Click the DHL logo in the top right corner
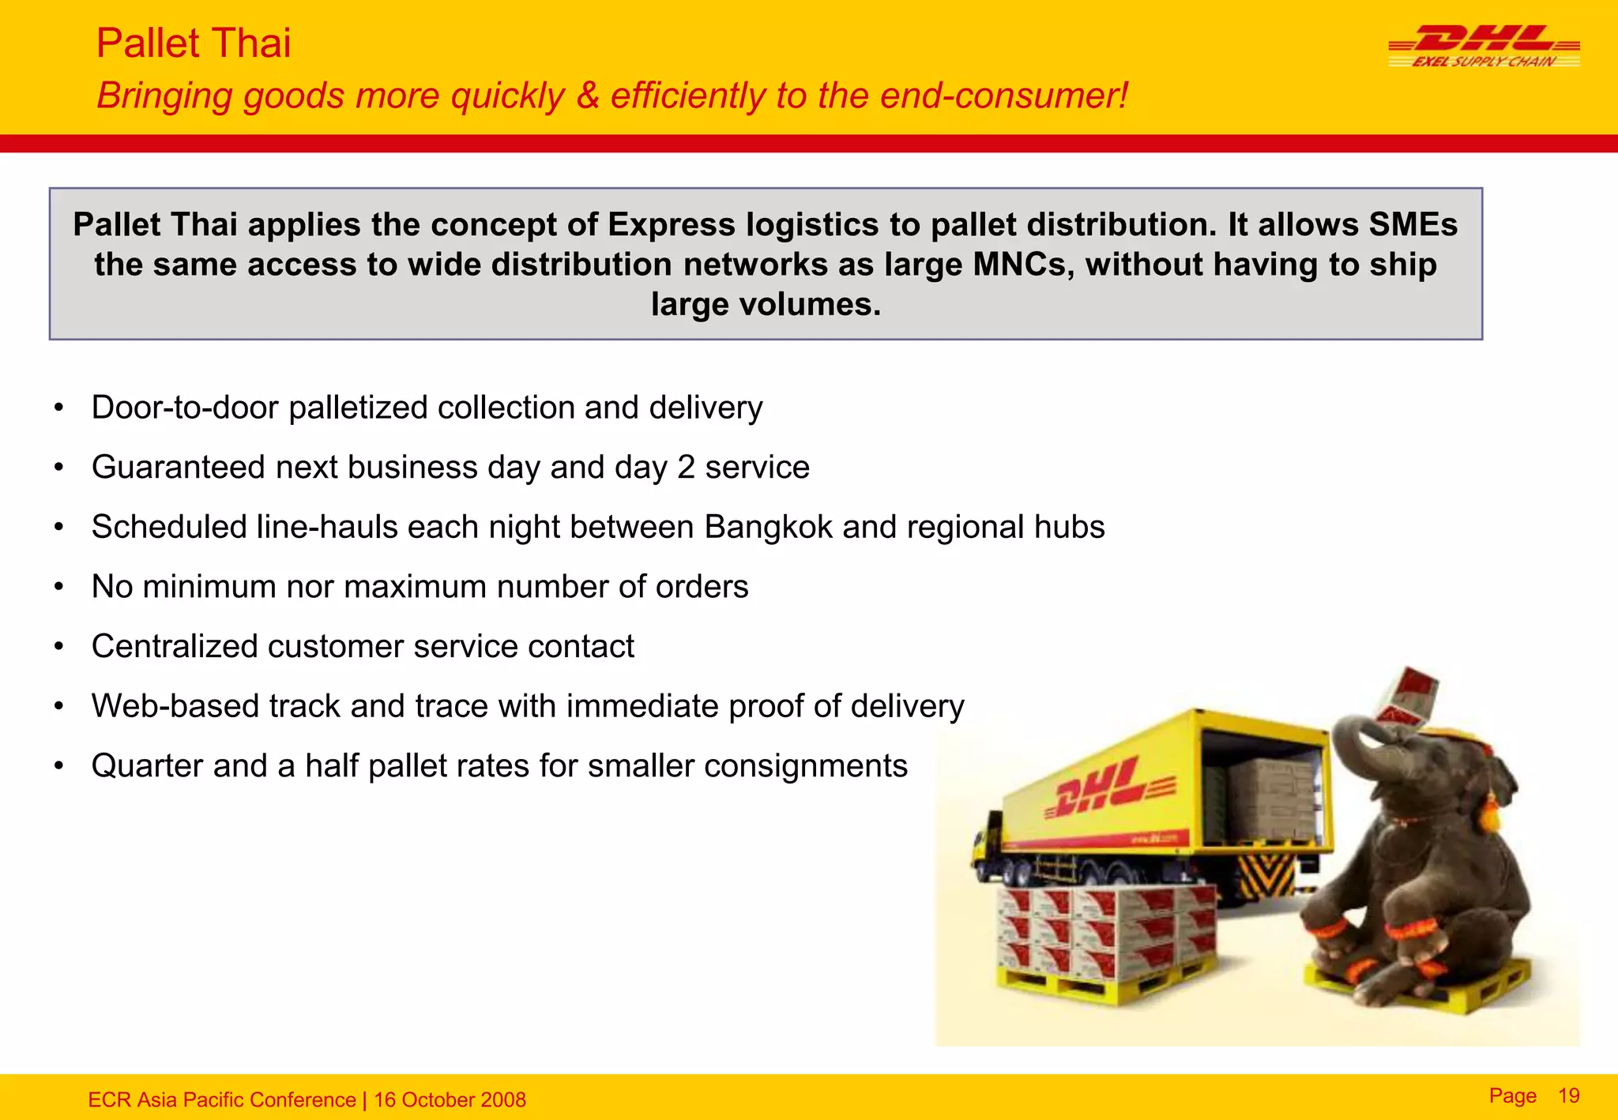1484,46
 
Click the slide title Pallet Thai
193,43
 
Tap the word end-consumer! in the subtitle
1003,96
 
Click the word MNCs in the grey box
1023,265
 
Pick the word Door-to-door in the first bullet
185,408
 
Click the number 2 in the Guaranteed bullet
686,468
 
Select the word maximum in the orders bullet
415,587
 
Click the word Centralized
175,646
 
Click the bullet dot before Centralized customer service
58,647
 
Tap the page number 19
1568,1096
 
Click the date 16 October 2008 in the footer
450,1099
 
